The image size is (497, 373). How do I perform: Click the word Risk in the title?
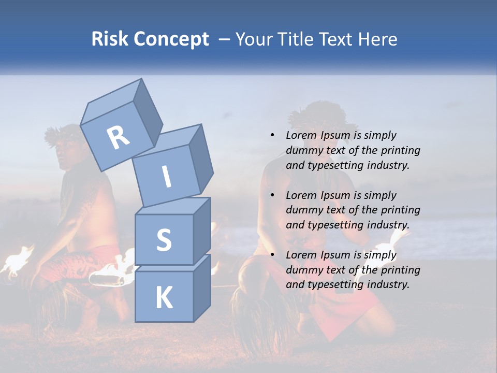coord(110,39)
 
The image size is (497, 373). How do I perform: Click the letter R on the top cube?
coord(118,138)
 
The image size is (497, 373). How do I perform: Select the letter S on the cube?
coord(164,240)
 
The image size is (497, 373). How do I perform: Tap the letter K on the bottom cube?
coord(164,298)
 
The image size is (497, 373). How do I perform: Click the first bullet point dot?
coord(272,135)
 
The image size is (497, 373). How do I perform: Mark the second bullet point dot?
coord(272,195)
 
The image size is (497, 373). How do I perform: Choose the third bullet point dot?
coord(272,255)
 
